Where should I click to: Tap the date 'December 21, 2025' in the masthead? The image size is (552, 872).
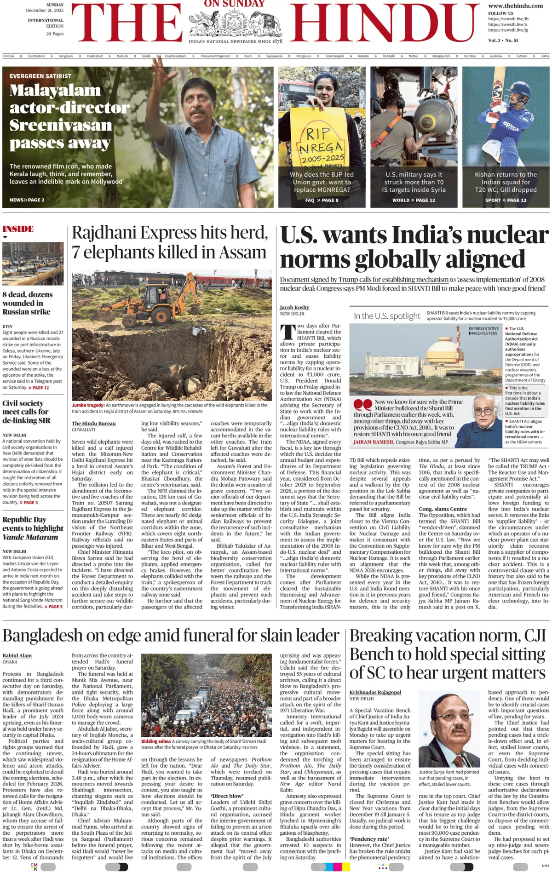[x=45, y=10]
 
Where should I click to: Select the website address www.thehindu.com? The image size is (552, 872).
[x=515, y=6]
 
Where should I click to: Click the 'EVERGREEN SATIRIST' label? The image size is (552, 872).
[x=40, y=76]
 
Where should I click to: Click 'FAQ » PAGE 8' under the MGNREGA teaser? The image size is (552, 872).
[x=322, y=200]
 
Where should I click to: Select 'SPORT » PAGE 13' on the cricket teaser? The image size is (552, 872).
[x=506, y=200]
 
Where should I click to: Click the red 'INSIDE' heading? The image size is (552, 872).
[x=18, y=229]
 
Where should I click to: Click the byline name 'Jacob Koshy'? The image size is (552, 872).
[x=294, y=307]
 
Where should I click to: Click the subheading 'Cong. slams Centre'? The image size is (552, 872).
[x=442, y=509]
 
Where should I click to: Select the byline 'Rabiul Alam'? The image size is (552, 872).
[x=17, y=655]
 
